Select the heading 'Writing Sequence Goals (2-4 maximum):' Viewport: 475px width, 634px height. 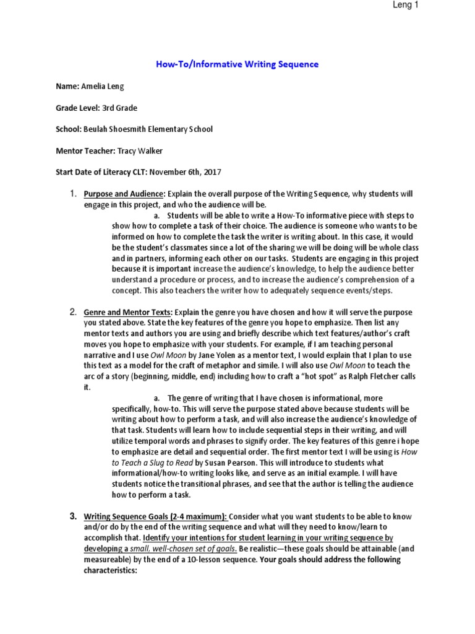pyautogui.click(x=156, y=516)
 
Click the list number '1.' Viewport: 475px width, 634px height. pyautogui.click(x=72, y=194)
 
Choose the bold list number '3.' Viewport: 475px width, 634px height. pyautogui.click(x=72, y=516)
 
